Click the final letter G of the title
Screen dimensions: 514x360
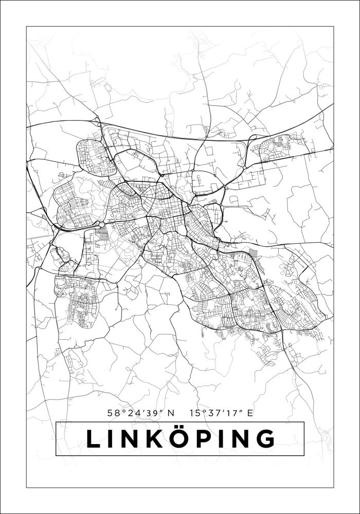pyautogui.click(x=264, y=439)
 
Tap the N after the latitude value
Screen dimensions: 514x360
pyautogui.click(x=171, y=412)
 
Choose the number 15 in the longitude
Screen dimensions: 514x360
pyautogui.click(x=194, y=412)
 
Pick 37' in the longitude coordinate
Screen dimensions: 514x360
pyautogui.click(x=213, y=412)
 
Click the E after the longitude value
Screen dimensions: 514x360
pyautogui.click(x=250, y=412)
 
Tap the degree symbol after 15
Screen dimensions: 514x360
pyautogui.click(x=202, y=410)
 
